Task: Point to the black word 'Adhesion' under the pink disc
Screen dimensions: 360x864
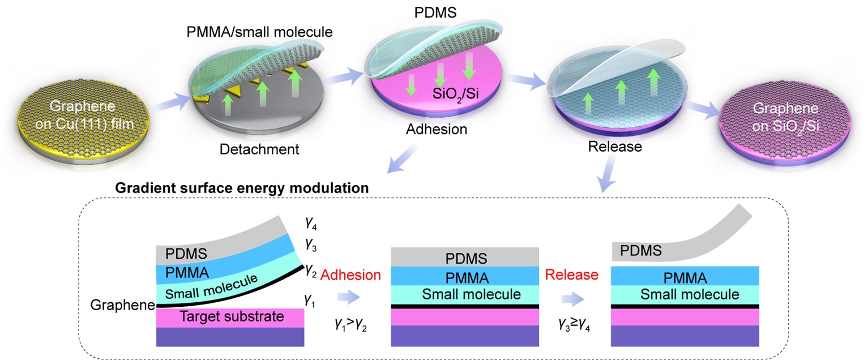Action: tap(437, 129)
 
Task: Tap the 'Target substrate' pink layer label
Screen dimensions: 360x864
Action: tap(232, 316)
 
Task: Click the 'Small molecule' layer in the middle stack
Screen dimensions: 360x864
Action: tap(465, 294)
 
